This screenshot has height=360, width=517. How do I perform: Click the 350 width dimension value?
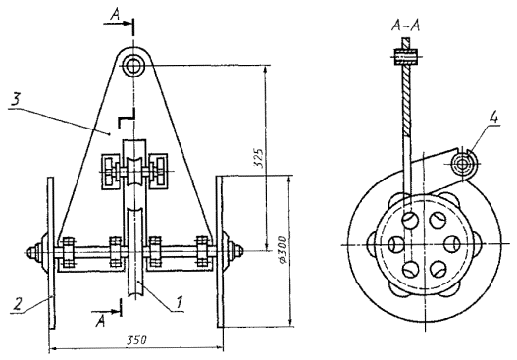point(135,340)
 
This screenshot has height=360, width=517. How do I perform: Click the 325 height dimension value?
point(260,158)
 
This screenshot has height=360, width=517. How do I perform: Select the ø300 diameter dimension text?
point(284,249)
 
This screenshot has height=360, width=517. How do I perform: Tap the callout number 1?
point(179,301)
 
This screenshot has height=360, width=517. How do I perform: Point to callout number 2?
point(18,303)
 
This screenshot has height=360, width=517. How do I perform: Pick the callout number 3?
point(16,99)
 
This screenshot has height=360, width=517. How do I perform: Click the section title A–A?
point(405,26)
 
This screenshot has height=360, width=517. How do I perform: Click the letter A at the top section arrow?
point(115,15)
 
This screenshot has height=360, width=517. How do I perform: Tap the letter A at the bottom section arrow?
point(101,321)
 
